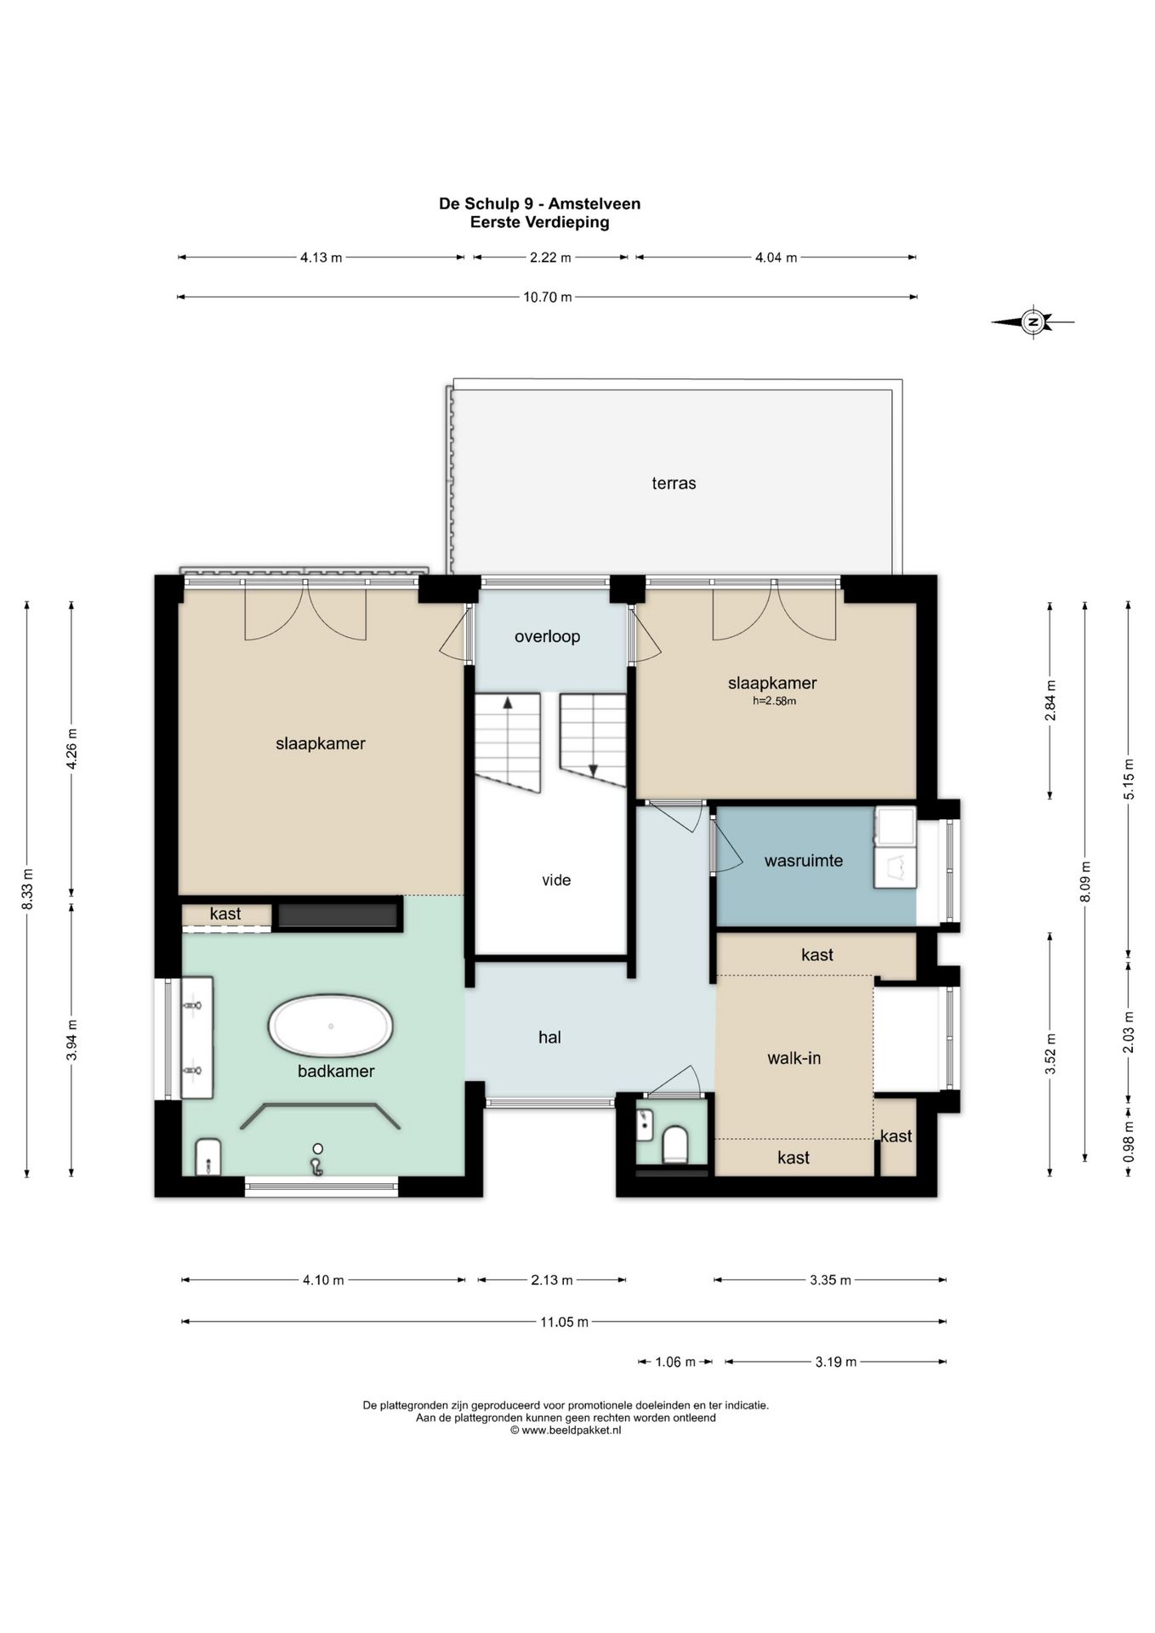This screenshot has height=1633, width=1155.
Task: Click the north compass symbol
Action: pyautogui.click(x=1033, y=321)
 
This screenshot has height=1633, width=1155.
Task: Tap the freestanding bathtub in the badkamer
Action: pyautogui.click(x=331, y=1027)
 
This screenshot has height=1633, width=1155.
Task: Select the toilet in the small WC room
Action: pyautogui.click(x=675, y=1144)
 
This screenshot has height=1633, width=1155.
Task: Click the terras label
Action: pyautogui.click(x=674, y=483)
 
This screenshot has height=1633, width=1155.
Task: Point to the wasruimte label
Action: pyautogui.click(x=804, y=861)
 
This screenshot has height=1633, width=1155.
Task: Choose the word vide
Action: pyautogui.click(x=556, y=880)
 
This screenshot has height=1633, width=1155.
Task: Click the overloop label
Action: pyautogui.click(x=547, y=636)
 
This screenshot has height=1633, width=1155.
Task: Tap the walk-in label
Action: pyautogui.click(x=794, y=1058)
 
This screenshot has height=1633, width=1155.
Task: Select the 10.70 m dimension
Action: pyautogui.click(x=548, y=297)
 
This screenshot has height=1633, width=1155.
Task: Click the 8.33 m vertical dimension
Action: pyautogui.click(x=27, y=889)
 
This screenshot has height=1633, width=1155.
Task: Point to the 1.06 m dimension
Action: pyautogui.click(x=675, y=1362)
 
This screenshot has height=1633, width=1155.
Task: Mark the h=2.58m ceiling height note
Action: pyautogui.click(x=774, y=702)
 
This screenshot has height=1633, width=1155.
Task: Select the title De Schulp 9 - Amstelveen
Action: pyautogui.click(x=539, y=203)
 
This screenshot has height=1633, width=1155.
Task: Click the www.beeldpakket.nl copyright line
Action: pyautogui.click(x=566, y=1431)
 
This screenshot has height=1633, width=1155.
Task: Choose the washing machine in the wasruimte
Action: pyautogui.click(x=894, y=868)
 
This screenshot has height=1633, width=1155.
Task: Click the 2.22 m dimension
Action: pyautogui.click(x=550, y=257)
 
